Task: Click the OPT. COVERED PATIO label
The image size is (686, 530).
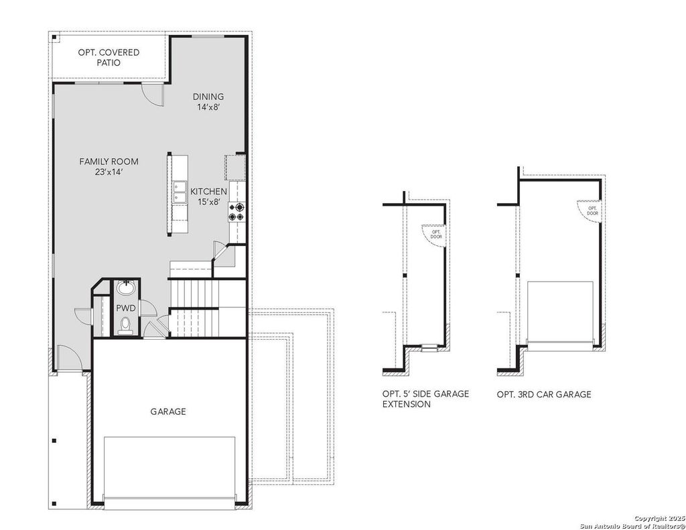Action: click(109, 58)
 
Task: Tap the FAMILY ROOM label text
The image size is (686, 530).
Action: click(109, 161)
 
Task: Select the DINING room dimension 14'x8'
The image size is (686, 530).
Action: click(208, 107)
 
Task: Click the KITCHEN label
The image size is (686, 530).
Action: click(209, 191)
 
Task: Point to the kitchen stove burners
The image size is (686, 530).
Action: click(236, 212)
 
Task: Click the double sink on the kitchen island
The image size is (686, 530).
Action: click(180, 192)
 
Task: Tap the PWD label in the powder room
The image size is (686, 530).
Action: click(125, 308)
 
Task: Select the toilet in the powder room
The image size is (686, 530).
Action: click(125, 325)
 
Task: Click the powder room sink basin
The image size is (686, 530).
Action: click(127, 288)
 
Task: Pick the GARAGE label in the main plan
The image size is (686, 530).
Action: click(168, 411)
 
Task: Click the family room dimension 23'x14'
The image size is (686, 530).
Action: click(108, 172)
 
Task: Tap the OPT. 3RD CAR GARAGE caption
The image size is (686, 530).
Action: click(544, 395)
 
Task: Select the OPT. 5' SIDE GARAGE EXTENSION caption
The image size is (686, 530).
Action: click(425, 399)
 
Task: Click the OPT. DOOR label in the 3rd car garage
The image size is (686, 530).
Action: click(592, 211)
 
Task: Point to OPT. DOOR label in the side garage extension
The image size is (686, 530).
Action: click(436, 234)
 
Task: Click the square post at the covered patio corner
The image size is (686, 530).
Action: click(55, 38)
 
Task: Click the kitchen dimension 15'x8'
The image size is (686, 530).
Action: click(209, 202)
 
